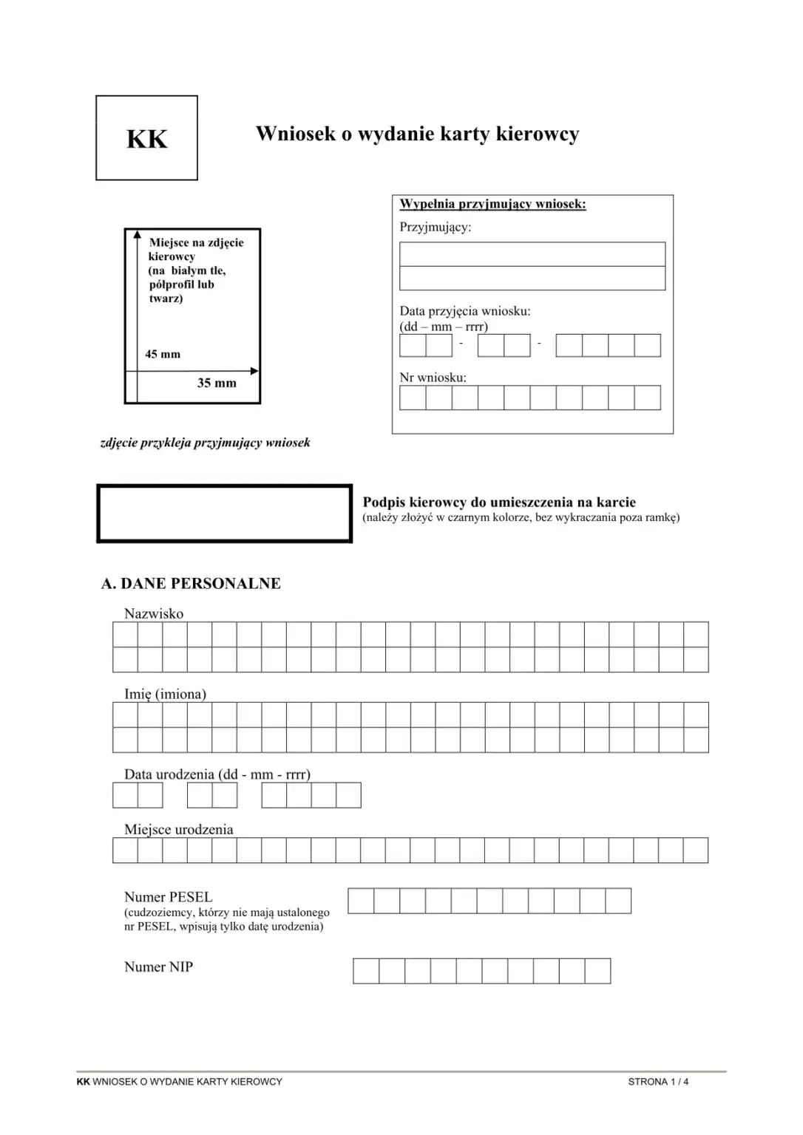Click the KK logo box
click(x=146, y=138)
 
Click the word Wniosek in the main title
click(x=296, y=134)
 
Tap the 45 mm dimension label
click(x=163, y=354)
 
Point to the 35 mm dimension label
click(x=217, y=383)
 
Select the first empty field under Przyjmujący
click(x=532, y=254)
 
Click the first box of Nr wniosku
click(x=413, y=398)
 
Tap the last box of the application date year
click(x=647, y=345)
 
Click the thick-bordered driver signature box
click(x=224, y=514)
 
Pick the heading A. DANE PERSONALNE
click(x=191, y=583)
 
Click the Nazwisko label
click(x=154, y=613)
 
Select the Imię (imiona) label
click(x=165, y=694)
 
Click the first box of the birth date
click(x=125, y=795)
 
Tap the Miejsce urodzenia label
click(x=178, y=829)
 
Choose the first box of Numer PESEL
click(x=361, y=901)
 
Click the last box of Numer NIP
click(x=597, y=971)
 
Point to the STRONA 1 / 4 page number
click(x=658, y=1082)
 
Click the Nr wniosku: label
click(x=433, y=378)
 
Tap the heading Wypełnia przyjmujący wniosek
click(x=492, y=204)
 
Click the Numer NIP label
click(x=158, y=967)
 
